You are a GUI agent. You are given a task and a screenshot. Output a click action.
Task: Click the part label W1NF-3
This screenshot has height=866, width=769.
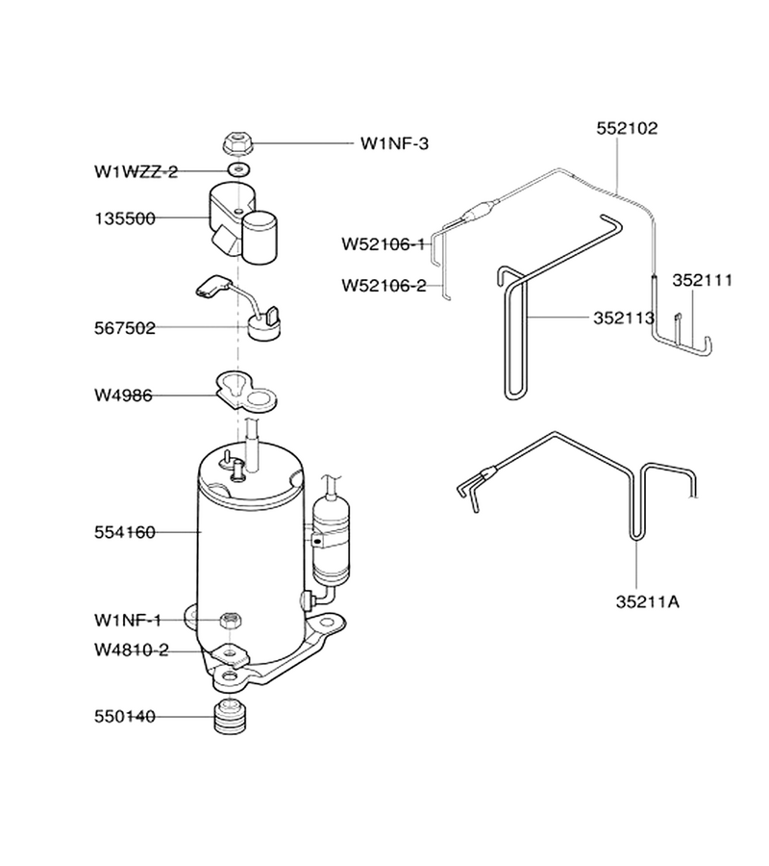tap(394, 143)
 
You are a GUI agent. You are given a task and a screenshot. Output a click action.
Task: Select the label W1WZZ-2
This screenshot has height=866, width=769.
tap(136, 172)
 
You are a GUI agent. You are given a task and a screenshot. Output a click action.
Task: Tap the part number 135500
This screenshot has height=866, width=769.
tap(125, 218)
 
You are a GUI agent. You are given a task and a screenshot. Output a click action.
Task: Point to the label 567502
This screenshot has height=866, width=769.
tap(125, 328)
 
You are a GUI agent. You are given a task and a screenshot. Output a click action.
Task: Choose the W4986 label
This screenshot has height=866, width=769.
tap(123, 395)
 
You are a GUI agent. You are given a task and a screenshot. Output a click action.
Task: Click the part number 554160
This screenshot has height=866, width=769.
tap(125, 532)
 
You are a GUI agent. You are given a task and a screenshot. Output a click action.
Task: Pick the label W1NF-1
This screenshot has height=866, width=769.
tap(128, 621)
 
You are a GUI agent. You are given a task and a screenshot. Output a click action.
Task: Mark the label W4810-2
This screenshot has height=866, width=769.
tap(132, 650)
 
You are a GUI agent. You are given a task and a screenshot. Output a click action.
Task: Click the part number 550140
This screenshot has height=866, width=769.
tap(125, 717)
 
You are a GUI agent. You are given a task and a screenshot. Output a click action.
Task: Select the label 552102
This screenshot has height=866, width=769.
tap(628, 128)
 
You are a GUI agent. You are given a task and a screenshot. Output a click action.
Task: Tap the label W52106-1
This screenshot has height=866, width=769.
tap(384, 243)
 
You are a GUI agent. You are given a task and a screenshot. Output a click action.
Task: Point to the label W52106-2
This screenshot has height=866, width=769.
tap(384, 286)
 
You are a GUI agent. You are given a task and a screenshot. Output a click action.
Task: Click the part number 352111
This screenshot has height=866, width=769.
tap(703, 281)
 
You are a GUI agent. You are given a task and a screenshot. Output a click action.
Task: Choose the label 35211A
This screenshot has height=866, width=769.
tap(648, 601)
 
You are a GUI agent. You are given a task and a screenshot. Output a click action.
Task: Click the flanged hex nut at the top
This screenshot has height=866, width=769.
tap(237, 143)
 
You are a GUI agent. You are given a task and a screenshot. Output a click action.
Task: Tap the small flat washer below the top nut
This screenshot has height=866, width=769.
tap(237, 168)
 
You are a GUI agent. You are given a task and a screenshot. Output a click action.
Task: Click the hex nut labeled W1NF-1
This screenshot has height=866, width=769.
tap(230, 622)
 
